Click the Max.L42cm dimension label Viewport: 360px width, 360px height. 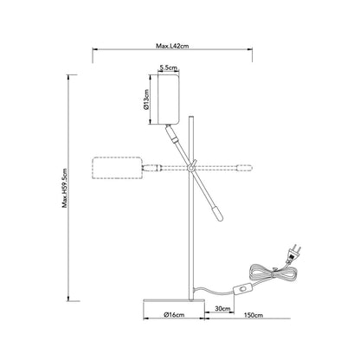pyautogui.click(x=172, y=46)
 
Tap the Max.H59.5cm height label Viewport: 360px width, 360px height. pyautogui.click(x=65, y=188)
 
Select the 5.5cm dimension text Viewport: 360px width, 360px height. pyautogui.click(x=168, y=68)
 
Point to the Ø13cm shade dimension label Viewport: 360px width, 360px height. pyautogui.click(x=146, y=100)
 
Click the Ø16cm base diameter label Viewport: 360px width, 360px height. pyautogui.click(x=174, y=315)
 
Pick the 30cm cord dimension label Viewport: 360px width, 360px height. pyautogui.click(x=222, y=309)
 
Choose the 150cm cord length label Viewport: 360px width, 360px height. pyautogui.click(x=254, y=315)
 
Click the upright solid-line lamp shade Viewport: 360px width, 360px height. pyautogui.click(x=168, y=100)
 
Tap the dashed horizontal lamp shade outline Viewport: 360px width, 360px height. pyautogui.click(x=117, y=168)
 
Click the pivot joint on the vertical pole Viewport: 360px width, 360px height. pyautogui.click(x=191, y=167)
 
